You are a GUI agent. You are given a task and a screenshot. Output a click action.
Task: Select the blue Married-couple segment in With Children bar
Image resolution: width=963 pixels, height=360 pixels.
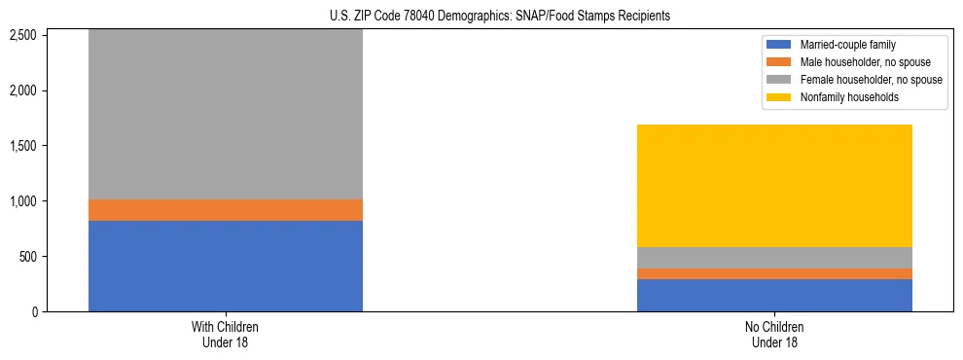pyautogui.click(x=226, y=266)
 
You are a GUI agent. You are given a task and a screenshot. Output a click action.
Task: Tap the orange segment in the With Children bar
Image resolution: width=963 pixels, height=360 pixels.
pyautogui.click(x=226, y=210)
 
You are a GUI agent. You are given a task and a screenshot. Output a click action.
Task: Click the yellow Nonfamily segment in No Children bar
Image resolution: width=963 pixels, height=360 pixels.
pyautogui.click(x=774, y=186)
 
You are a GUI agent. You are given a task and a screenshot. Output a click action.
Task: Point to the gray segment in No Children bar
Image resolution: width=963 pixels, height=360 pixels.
pyautogui.click(x=774, y=258)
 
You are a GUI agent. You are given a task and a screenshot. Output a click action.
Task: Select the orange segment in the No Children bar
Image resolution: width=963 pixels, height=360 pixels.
pyautogui.click(x=774, y=274)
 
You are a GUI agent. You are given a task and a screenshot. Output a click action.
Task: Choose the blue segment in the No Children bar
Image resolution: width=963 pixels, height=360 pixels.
pyautogui.click(x=774, y=296)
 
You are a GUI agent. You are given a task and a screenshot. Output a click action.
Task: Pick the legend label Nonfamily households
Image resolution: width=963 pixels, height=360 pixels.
pyautogui.click(x=846, y=97)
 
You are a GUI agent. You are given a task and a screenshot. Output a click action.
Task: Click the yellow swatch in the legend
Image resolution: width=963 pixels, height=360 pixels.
pyautogui.click(x=779, y=97)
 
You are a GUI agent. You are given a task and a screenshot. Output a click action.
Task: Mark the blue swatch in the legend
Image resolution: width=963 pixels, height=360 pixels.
pyautogui.click(x=779, y=45)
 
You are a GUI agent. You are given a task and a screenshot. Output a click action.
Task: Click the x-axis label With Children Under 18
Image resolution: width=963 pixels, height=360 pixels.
pyautogui.click(x=226, y=335)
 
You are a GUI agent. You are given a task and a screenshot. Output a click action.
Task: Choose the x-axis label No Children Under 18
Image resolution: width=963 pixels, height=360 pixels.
pyautogui.click(x=774, y=335)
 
